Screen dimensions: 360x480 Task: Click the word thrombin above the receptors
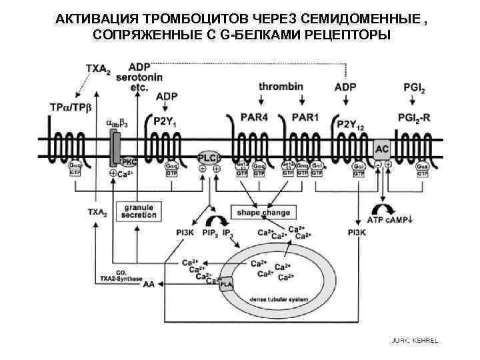point(281,87)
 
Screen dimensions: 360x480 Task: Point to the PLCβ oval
point(209,158)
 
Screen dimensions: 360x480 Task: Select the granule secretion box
point(139,211)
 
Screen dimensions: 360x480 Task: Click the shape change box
point(263,213)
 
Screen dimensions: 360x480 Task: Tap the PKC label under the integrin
point(129,160)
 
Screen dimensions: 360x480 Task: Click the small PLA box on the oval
point(228,282)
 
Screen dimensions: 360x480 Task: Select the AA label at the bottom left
point(148,284)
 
